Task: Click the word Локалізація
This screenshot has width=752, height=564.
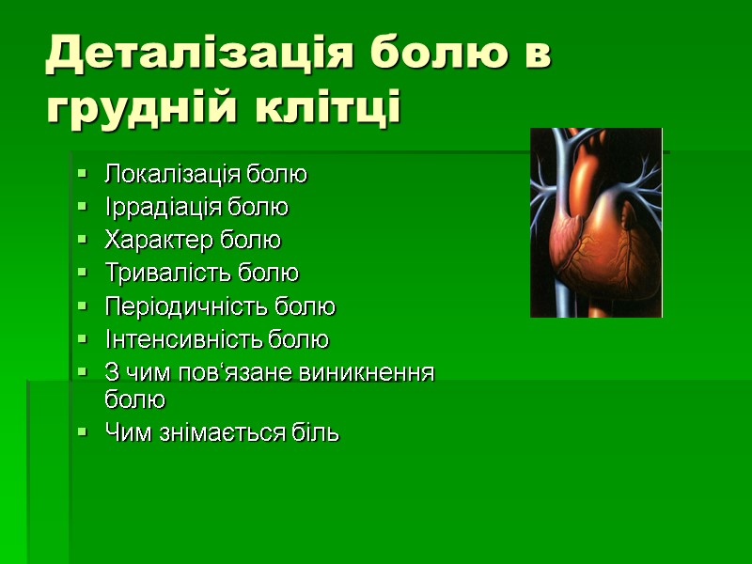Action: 173,174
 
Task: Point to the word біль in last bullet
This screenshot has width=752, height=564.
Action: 317,433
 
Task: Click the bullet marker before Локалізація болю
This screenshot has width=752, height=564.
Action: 83,174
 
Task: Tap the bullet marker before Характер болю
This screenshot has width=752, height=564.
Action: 83,240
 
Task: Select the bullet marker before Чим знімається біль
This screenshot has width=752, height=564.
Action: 83,433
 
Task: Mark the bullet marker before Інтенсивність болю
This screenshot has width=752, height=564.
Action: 83,338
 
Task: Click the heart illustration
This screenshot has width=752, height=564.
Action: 596,223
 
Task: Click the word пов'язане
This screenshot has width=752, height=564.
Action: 240,372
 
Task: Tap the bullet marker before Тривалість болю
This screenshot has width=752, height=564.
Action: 83,274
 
